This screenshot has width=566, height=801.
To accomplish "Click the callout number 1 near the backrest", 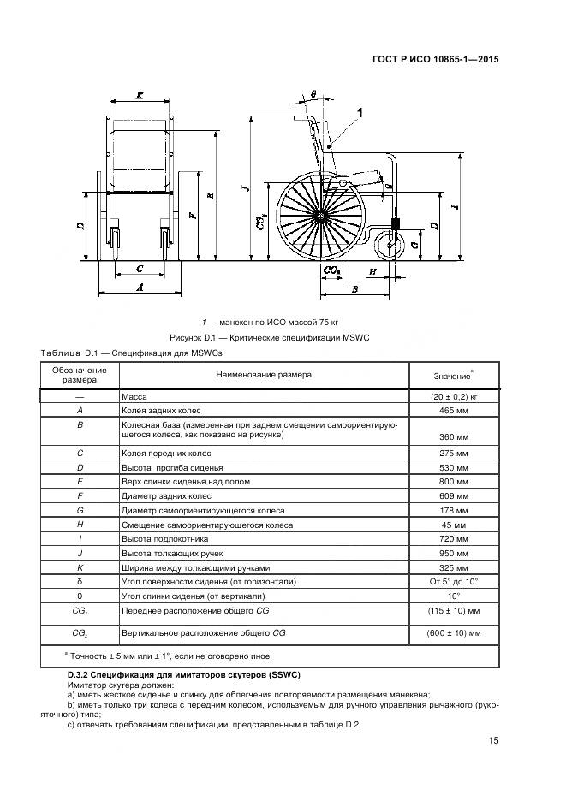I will click(360, 112).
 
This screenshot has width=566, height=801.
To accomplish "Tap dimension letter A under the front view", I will click(140, 289).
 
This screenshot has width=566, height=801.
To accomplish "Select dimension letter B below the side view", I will click(354, 290).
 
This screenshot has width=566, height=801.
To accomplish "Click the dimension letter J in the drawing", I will click(245, 187).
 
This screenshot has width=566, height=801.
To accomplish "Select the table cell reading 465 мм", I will click(451, 411).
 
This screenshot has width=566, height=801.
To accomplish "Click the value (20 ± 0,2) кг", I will click(451, 398).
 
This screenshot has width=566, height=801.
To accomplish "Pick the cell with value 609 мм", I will click(451, 496).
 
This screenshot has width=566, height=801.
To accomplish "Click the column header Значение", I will click(451, 376).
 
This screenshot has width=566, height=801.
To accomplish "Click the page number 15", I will click(493, 741).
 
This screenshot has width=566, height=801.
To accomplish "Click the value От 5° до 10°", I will click(451, 581).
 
